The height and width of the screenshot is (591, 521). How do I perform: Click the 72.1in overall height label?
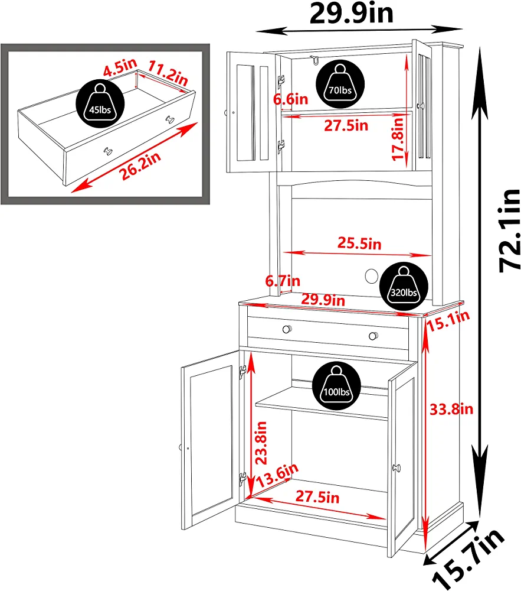[x=510, y=230]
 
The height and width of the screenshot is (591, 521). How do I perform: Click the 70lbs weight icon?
[x=340, y=84]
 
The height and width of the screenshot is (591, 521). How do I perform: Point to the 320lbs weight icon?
[x=404, y=287]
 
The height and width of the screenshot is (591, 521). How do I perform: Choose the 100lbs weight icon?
[x=337, y=386]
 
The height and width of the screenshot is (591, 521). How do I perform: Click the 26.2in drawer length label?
[x=140, y=166]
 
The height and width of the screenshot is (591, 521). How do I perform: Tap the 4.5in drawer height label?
[x=120, y=67]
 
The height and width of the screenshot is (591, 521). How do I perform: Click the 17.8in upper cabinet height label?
[x=397, y=139]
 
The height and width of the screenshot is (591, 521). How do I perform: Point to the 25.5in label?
[x=359, y=243]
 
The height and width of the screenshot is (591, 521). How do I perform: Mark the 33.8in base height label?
[x=451, y=409]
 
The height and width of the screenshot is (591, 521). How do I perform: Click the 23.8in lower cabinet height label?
[x=261, y=443]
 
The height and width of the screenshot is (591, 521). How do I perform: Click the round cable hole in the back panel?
[x=371, y=276]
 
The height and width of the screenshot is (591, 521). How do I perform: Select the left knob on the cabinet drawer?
[x=287, y=329]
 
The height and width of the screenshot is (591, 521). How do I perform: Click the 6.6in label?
[x=290, y=99]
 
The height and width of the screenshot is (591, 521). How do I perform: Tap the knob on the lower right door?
[x=397, y=468]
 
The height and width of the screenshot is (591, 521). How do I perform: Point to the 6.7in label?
[x=283, y=281]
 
